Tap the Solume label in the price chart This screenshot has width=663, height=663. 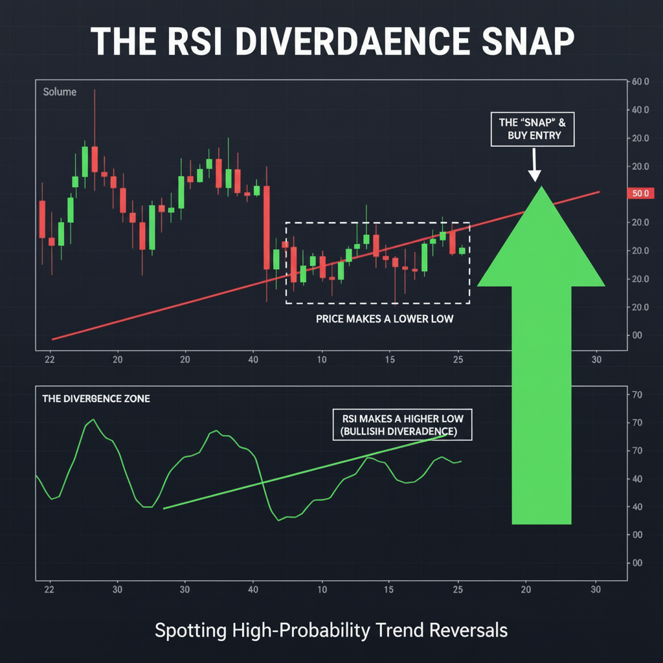click(60, 92)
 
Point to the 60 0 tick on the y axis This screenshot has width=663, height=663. click(638, 82)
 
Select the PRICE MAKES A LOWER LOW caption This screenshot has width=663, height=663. click(376, 319)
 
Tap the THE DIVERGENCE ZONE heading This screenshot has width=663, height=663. click(96, 399)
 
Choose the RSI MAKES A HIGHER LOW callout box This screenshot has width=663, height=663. click(402, 425)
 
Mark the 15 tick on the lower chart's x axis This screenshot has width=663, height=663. click(388, 590)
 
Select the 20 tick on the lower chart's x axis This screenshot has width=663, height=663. click(526, 590)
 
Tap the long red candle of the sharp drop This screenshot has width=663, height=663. click(266, 227)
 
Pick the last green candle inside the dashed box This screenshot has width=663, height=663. click(462, 251)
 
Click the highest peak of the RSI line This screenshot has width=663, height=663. click(93, 420)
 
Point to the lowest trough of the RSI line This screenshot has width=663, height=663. click(279, 520)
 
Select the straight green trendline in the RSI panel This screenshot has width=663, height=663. click(304, 472)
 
